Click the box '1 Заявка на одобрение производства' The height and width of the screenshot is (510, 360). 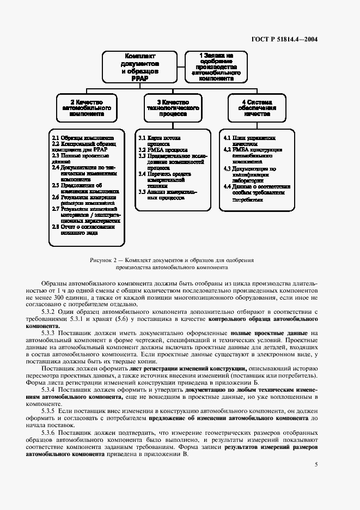[x=216, y=67]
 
